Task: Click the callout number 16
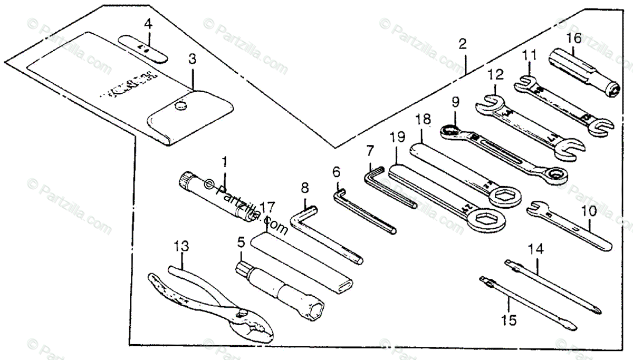click(574, 38)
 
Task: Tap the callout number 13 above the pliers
click(181, 246)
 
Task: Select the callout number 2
click(462, 44)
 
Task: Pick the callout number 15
click(509, 319)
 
